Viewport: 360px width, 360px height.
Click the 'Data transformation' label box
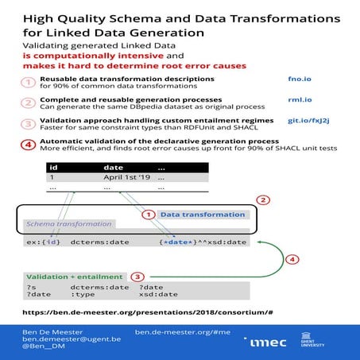(203, 214)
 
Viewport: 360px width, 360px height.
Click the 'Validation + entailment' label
(73, 276)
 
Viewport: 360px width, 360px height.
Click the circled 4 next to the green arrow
(292, 258)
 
